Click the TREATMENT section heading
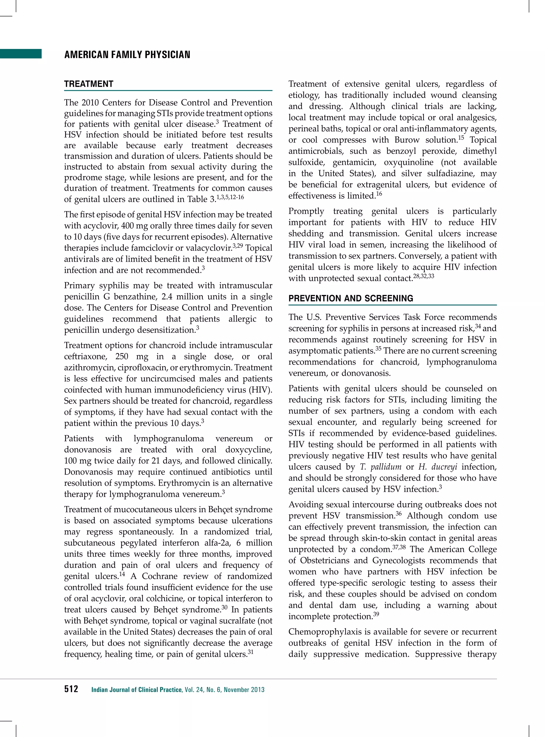(88, 84)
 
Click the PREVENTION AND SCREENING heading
(350, 298)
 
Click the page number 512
(71, 689)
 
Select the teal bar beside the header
(21, 53)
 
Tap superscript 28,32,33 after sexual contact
(424, 276)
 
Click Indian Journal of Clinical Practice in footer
(137, 689)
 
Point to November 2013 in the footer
(244, 689)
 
